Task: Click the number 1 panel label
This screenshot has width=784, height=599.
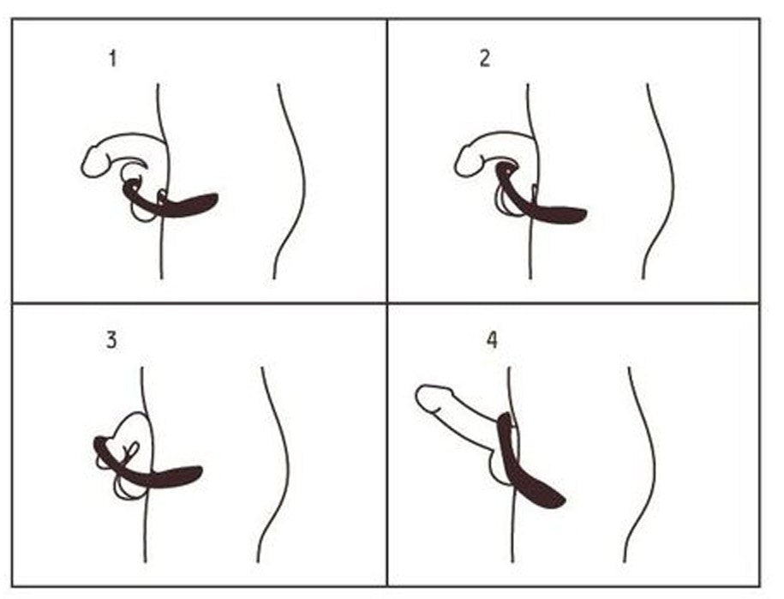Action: pyautogui.click(x=112, y=60)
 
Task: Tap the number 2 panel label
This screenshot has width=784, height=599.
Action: pyautogui.click(x=485, y=61)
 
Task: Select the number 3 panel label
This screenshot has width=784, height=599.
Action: pyautogui.click(x=111, y=340)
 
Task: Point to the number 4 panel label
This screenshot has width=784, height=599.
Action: pyautogui.click(x=491, y=340)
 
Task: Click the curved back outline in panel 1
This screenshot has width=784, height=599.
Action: pyautogui.click(x=291, y=180)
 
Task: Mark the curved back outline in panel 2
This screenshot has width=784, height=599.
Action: pyautogui.click(x=661, y=180)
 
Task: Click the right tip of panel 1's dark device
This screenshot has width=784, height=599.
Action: pyautogui.click(x=215, y=199)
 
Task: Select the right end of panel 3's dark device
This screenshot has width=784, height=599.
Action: pyautogui.click(x=200, y=470)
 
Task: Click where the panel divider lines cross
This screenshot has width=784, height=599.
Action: pyautogui.click(x=387, y=303)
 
